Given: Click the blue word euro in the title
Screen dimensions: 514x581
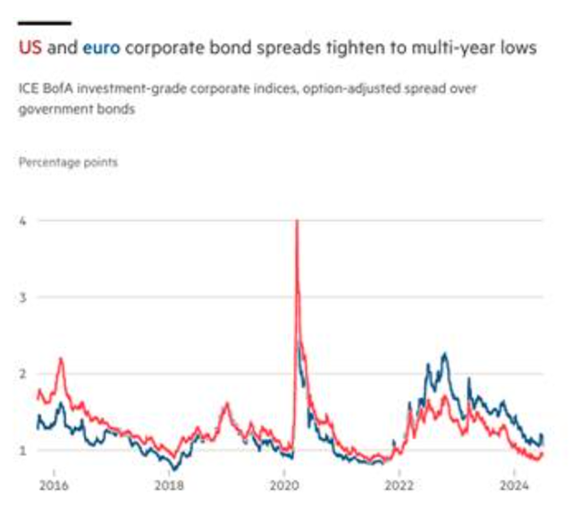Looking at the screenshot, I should tap(101, 47).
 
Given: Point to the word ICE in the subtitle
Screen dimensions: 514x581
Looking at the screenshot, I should tap(28, 88).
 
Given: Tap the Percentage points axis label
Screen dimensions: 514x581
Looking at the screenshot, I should tap(67, 163).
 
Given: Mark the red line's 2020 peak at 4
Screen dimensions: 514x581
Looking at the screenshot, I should tap(296, 222).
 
